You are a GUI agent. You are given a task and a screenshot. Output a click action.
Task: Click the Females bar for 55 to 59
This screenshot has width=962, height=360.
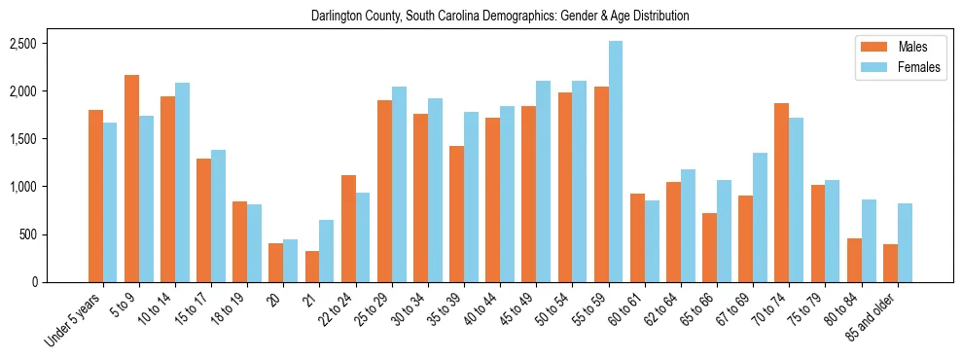point(616,162)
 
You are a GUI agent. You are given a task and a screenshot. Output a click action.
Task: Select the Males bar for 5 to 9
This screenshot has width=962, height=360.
point(132,179)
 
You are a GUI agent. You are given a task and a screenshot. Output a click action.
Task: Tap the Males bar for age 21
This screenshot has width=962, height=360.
point(312,267)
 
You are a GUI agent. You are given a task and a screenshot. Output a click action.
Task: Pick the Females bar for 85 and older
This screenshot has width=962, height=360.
point(905,243)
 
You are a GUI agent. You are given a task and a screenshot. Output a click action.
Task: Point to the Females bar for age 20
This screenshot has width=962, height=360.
point(291,261)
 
